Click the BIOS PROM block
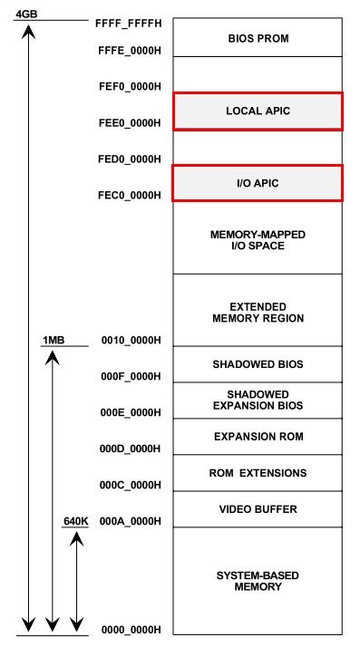(258, 38)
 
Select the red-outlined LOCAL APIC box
(258, 111)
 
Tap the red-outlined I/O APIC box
(258, 183)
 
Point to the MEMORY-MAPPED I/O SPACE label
(258, 240)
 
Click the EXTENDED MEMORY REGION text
(258, 313)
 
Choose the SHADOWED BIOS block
(258, 364)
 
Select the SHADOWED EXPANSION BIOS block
(258, 401)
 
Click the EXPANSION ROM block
(258, 437)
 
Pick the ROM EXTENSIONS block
(258, 473)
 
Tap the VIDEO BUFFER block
(258, 509)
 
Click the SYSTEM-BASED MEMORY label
(258, 581)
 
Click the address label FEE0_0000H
(130, 121)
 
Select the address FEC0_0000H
(130, 195)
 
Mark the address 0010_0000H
(130, 340)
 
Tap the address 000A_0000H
(130, 521)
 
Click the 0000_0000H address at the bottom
(130, 630)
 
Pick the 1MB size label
(54, 340)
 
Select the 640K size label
(76, 521)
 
